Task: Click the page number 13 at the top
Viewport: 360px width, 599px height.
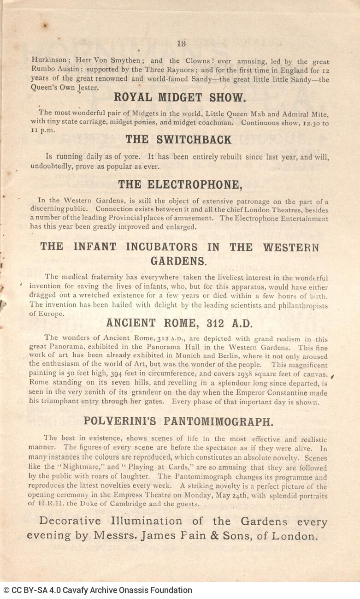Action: click(181, 44)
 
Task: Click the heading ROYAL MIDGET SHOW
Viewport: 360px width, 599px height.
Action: click(180, 97)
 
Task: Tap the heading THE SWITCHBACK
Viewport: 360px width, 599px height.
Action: click(178, 140)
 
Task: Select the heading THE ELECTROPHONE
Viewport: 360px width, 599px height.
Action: click(180, 185)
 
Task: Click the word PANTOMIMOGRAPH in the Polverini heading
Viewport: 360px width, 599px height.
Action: click(221, 421)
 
